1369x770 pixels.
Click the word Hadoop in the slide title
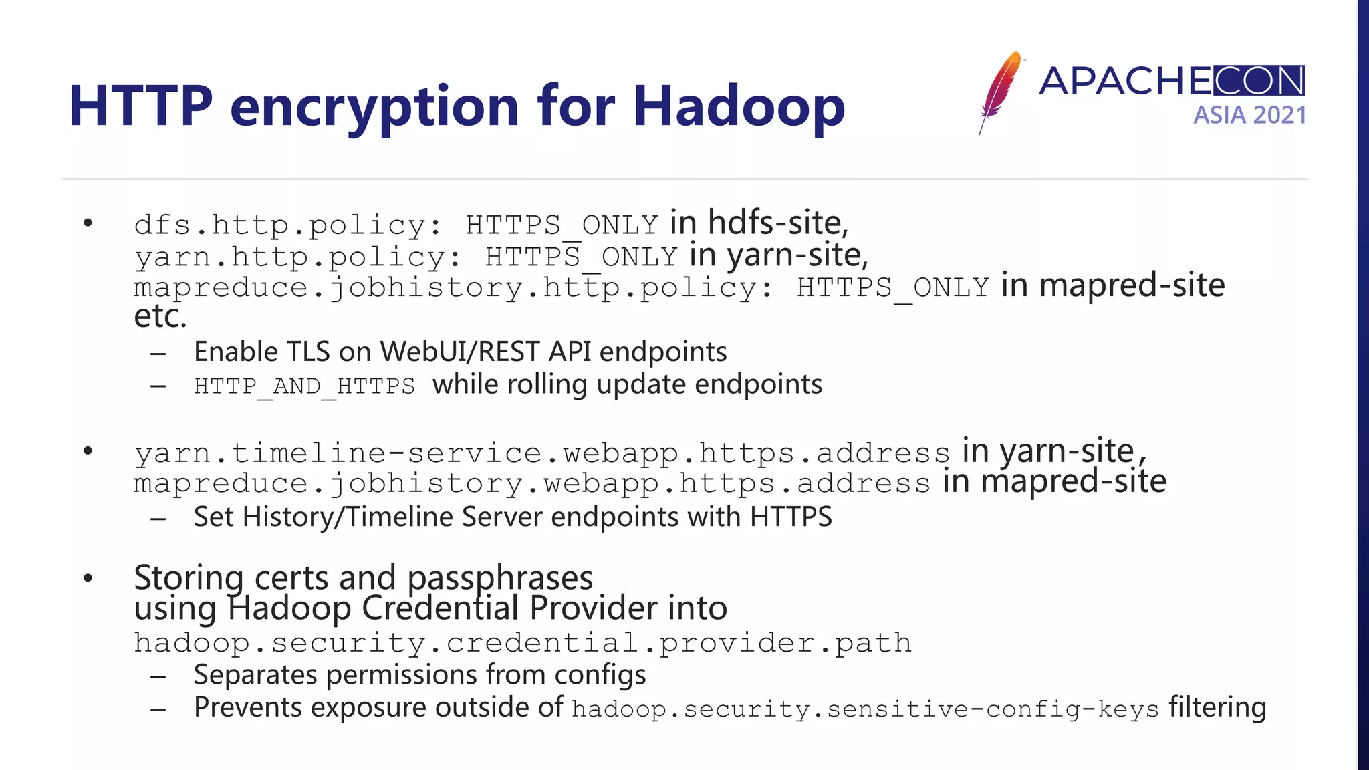pos(739,107)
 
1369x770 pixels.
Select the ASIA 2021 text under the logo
pos(1249,116)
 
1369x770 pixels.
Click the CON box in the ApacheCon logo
pos(1259,81)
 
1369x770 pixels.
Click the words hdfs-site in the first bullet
pos(777,223)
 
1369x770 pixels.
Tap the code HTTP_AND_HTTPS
pos(304,386)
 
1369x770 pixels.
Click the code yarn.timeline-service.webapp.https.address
pos(541,454)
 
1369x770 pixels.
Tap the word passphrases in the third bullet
pos(500,578)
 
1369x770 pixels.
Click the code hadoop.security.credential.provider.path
pos(523,643)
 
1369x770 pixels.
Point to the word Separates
pos(255,675)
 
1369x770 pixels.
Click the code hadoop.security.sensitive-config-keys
pos(865,709)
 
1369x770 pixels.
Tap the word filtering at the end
pos(1217,707)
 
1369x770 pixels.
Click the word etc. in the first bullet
pos(160,317)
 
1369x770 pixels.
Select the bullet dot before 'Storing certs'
pos(88,578)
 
